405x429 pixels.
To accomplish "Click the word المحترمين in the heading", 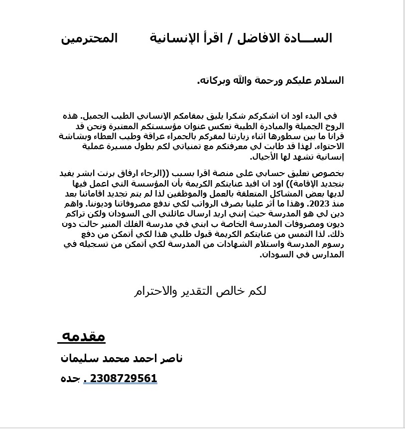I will coord(89,39).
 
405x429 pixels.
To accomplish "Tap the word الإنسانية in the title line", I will coord(174,39).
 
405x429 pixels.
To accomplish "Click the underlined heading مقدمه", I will coord(83,336).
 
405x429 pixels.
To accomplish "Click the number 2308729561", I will coord(124,379).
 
